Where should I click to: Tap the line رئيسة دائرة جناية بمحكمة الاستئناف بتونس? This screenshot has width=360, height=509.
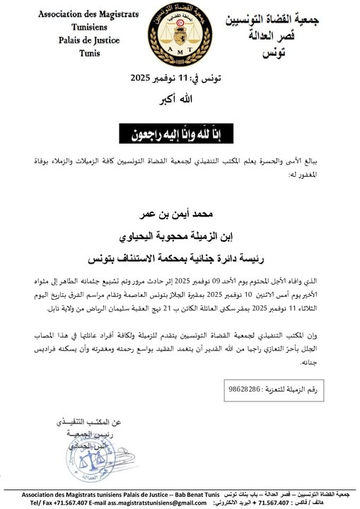pyautogui.click(x=178, y=251)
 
